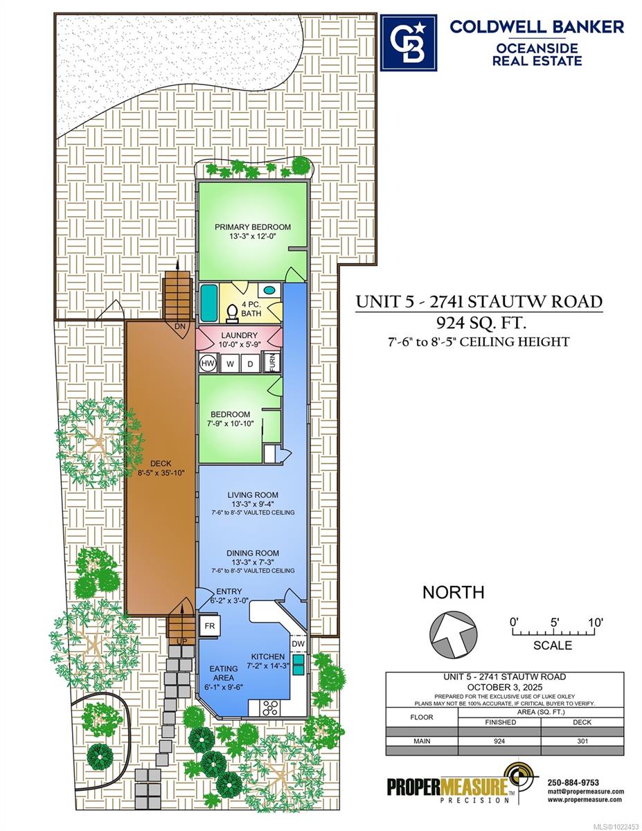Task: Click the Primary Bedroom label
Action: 252,226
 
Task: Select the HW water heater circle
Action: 208,363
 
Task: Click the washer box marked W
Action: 230,364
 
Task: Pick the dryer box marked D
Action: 250,364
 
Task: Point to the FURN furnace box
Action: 272,362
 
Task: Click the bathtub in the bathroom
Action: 209,303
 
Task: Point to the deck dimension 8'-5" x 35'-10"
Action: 161,473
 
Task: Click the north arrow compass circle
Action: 454,634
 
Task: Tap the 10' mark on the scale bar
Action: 595,622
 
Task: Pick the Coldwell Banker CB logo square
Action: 409,43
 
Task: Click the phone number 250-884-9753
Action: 573,783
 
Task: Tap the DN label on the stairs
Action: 179,326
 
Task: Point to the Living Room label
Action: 253,495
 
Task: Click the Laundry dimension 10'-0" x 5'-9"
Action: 240,344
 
